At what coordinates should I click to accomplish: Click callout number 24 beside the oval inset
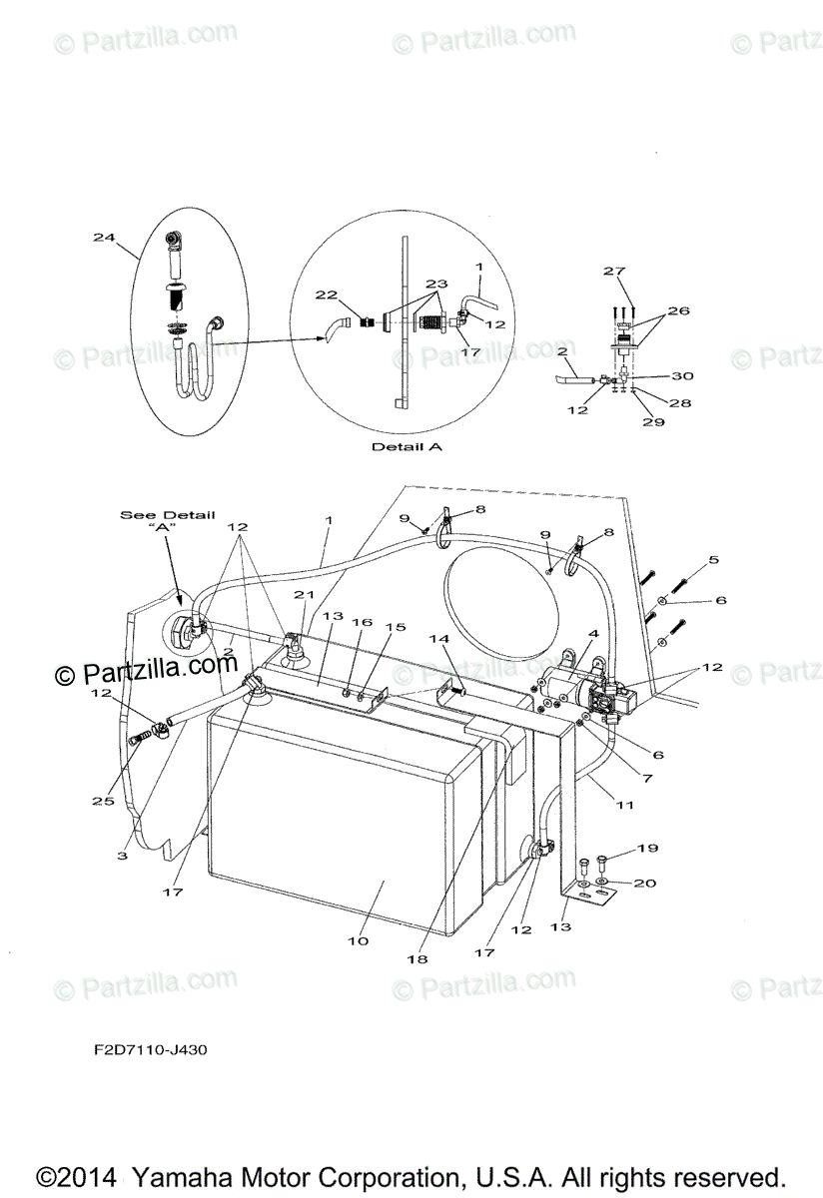[x=104, y=238]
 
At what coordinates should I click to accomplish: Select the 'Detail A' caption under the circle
[x=407, y=447]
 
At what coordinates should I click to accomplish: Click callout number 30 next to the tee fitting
[x=682, y=376]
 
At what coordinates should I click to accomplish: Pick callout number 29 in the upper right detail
[x=654, y=421]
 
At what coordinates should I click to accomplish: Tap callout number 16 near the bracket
[x=361, y=622]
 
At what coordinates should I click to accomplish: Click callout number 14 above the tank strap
[x=439, y=638]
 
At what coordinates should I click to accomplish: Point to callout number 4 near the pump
[x=593, y=634]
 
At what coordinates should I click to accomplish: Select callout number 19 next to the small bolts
[x=647, y=849]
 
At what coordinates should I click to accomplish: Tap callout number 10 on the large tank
[x=357, y=940]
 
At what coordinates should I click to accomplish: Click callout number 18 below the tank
[x=416, y=959]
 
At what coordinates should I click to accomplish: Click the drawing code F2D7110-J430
[x=146, y=1049]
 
